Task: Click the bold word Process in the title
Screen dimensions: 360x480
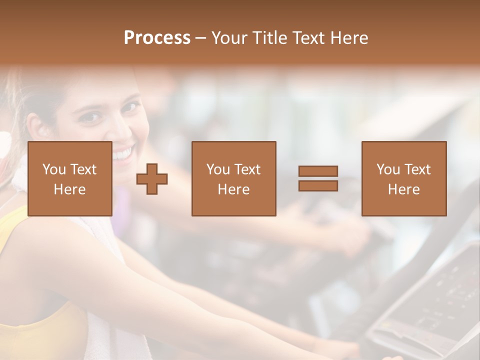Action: tap(157, 38)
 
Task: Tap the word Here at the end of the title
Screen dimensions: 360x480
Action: tap(348, 38)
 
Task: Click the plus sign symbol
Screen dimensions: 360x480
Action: tap(152, 179)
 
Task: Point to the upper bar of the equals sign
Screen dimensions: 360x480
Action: tap(318, 171)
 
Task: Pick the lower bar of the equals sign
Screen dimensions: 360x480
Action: tap(318, 186)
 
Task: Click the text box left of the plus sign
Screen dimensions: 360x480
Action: tap(69, 178)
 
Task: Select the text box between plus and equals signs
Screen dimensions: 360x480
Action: tap(233, 178)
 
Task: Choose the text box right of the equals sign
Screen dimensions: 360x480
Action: tap(403, 178)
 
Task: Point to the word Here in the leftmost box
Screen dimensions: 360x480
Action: tap(69, 189)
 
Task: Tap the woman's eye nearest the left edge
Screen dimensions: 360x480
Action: tap(90, 117)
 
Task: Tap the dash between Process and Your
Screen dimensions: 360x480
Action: tap(201, 38)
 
